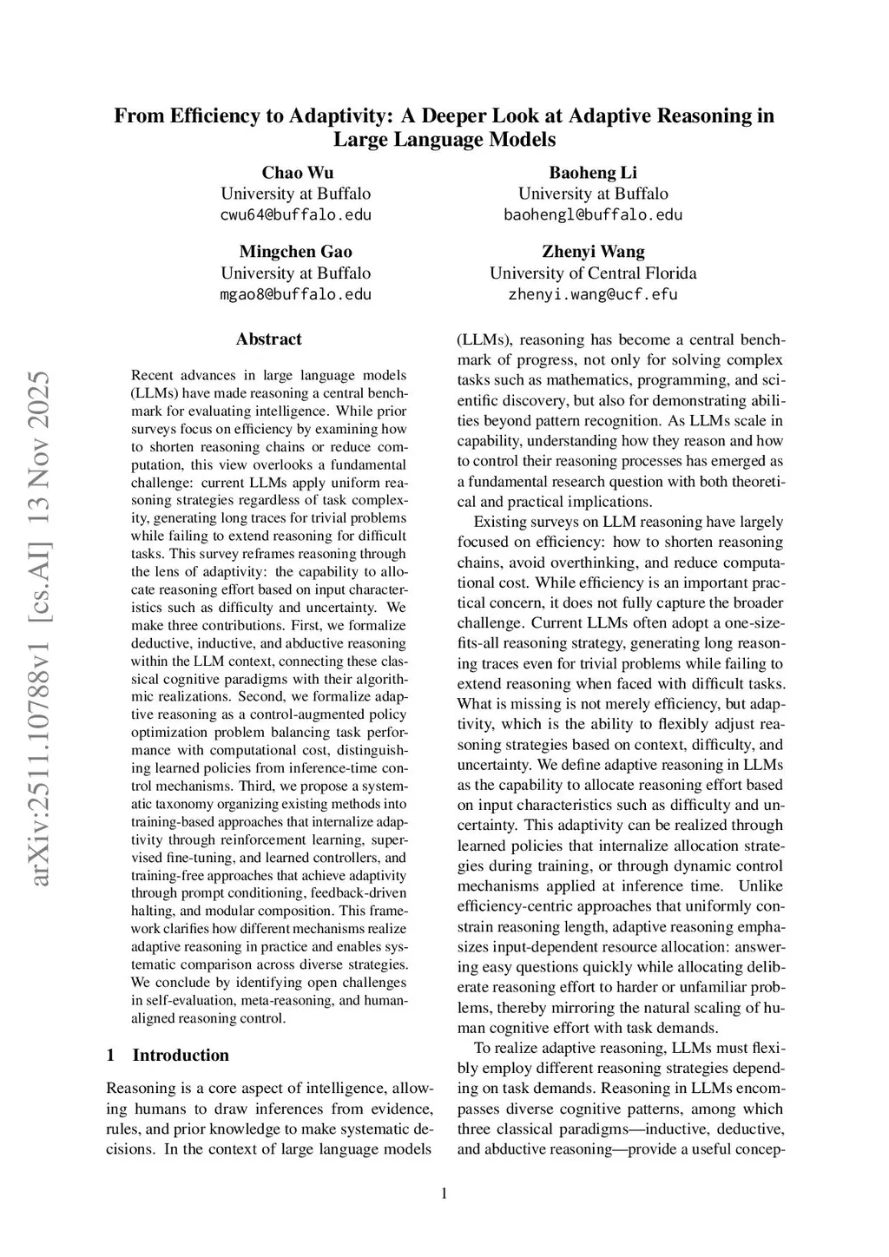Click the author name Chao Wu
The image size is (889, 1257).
coord(297,172)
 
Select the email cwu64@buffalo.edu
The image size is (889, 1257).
coord(295,214)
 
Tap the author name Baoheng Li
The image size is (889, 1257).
coord(593,172)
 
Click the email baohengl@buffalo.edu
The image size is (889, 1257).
coord(593,214)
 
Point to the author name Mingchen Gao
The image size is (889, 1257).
coord(295,252)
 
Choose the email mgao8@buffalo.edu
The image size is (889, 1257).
coord(295,294)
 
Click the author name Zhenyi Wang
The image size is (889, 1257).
coord(593,252)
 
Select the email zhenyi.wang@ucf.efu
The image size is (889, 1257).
coord(593,294)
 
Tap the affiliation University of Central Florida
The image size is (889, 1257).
coord(593,273)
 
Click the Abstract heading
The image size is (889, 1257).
coord(268,339)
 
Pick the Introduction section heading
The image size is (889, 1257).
coord(181,1056)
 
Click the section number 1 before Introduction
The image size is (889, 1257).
coord(110,1056)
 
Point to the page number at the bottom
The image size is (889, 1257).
coord(444,1194)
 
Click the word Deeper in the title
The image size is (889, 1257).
coord(454,116)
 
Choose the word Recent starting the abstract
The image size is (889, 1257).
coord(152,376)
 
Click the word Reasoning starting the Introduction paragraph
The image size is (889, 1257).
coord(142,1089)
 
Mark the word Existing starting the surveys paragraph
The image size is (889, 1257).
coord(502,522)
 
